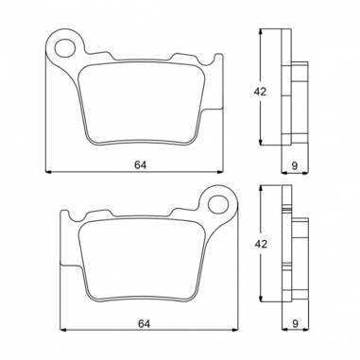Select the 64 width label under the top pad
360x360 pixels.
[140, 164]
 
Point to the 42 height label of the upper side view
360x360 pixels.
[269, 93]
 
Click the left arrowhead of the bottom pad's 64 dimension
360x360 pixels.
[62, 331]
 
